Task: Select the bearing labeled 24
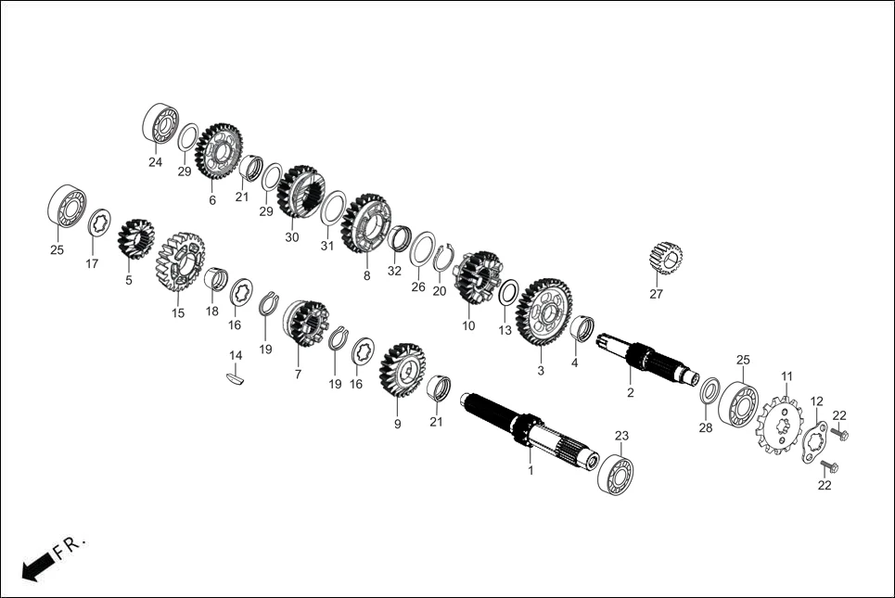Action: click(x=161, y=124)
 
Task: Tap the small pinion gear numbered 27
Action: click(x=665, y=257)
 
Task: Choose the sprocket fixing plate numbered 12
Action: click(x=813, y=442)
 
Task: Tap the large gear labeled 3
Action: click(x=543, y=311)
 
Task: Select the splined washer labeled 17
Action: click(x=99, y=223)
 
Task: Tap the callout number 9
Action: click(x=397, y=424)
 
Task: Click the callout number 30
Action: click(x=292, y=237)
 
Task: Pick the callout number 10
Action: click(x=467, y=325)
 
